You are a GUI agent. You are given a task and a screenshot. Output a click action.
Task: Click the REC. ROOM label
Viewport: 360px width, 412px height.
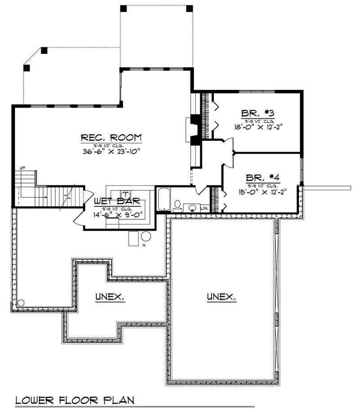(111, 137)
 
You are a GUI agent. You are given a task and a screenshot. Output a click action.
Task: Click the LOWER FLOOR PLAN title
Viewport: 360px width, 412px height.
(75, 400)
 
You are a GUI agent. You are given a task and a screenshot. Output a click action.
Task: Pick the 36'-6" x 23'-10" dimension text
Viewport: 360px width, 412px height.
(111, 152)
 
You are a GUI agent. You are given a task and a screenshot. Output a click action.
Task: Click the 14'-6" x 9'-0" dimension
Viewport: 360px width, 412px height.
(118, 215)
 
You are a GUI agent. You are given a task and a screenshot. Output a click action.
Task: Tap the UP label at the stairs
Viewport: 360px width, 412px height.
(22, 168)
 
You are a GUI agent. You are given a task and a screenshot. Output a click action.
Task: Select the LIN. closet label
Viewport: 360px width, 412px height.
(204, 208)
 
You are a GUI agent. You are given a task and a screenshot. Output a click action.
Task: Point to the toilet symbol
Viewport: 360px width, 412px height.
(177, 205)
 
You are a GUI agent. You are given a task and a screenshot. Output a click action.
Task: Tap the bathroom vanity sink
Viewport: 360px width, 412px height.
(193, 208)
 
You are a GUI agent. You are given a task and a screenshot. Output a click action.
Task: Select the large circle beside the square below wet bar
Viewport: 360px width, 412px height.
(146, 236)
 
